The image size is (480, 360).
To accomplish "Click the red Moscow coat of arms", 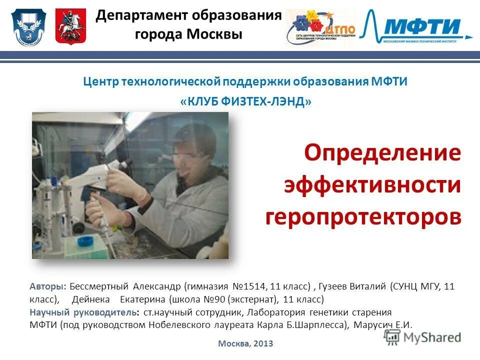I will [70, 26].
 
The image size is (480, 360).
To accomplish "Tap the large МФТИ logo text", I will [428, 25].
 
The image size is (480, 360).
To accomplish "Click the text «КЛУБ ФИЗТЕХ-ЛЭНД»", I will [245, 101].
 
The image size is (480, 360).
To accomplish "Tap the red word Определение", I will [383, 153].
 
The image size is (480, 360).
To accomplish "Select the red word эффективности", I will [373, 185].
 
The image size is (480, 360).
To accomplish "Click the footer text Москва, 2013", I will [245, 343].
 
